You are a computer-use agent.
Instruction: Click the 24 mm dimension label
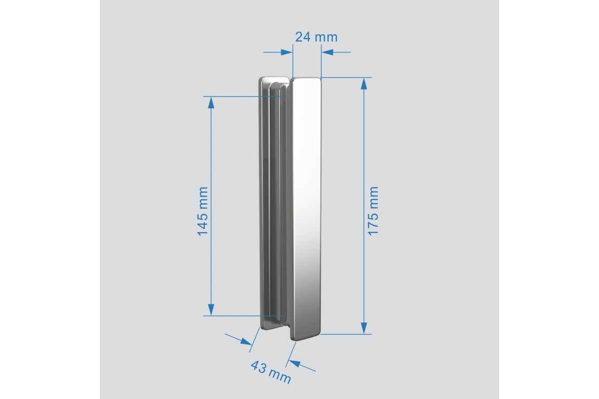click(x=316, y=37)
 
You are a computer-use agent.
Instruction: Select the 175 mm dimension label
click(x=373, y=211)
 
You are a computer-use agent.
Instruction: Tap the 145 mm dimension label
click(x=203, y=211)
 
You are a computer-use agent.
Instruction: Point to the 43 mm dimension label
click(x=271, y=372)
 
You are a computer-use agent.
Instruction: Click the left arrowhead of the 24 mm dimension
click(x=287, y=52)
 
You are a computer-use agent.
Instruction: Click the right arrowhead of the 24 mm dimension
click(x=327, y=52)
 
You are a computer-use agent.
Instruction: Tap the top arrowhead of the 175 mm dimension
click(x=364, y=84)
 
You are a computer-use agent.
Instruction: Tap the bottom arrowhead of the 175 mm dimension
click(x=364, y=328)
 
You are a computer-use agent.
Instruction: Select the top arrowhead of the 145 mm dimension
click(x=211, y=103)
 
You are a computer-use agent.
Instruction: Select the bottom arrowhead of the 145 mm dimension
click(x=211, y=310)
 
